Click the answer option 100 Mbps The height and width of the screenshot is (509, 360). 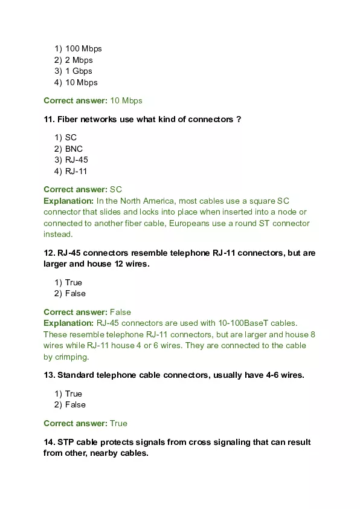coord(83,49)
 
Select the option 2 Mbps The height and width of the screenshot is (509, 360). coord(79,60)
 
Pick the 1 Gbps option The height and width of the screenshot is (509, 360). coord(79,71)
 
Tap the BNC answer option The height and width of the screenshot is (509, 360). coord(74,149)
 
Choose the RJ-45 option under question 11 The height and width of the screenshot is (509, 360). coord(77,160)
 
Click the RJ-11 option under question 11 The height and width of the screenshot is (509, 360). coord(77,171)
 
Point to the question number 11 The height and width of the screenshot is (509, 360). coord(49,120)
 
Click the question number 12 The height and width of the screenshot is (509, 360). coord(49,253)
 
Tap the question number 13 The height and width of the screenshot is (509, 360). coord(49,375)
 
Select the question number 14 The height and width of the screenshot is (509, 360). coord(49,443)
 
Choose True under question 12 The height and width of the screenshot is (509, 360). coord(74,282)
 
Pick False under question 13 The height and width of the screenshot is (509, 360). coord(76,404)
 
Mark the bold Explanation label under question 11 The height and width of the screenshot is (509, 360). coord(68,201)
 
